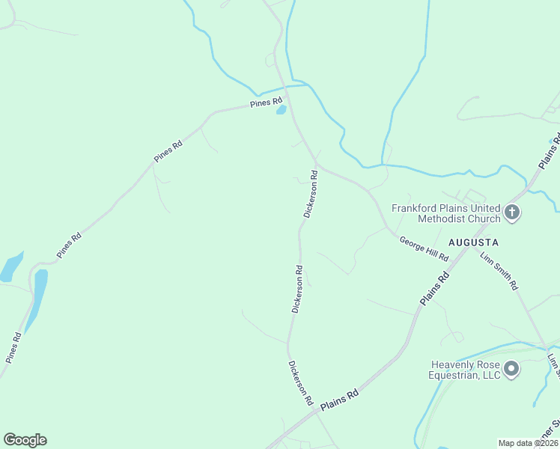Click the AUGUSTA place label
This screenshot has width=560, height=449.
pos(473,242)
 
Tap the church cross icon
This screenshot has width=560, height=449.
pos(512,213)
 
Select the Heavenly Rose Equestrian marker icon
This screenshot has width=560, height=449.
pos(511,369)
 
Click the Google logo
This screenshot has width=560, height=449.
pos(25,440)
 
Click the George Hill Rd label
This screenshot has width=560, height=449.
pos(424,248)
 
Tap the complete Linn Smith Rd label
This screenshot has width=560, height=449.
pos(499,272)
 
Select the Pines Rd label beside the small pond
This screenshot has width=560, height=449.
pos(267,102)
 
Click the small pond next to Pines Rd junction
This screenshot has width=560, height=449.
pos(281,109)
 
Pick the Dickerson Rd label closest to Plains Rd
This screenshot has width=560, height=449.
pos(300,382)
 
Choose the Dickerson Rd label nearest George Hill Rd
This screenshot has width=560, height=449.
pos(311,194)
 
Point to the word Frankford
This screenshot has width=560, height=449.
pos(419,207)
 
